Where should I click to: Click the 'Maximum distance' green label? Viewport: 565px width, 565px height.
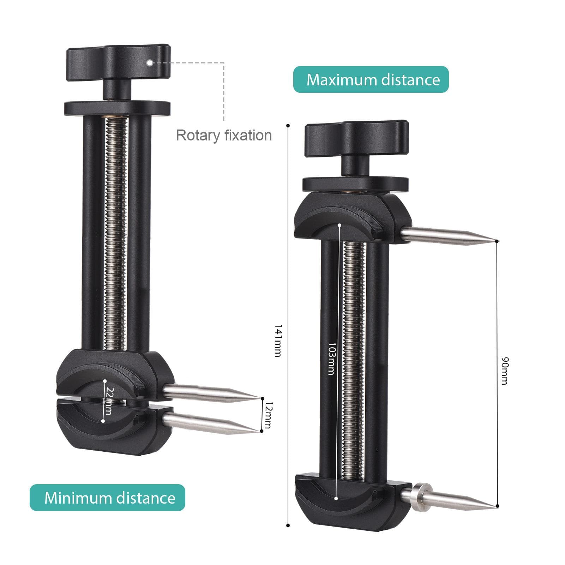pyautogui.click(x=371, y=79)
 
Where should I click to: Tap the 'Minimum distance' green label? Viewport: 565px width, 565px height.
pyautogui.click(x=107, y=498)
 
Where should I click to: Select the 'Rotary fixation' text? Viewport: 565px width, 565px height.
pyautogui.click(x=224, y=136)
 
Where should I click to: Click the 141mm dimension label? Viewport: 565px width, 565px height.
pyautogui.click(x=278, y=341)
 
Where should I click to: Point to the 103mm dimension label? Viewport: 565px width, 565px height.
pyautogui.click(x=331, y=359)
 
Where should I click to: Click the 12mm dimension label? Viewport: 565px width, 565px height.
pyautogui.click(x=268, y=415)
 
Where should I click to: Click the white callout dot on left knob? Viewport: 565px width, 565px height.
pyautogui.click(x=150, y=62)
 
